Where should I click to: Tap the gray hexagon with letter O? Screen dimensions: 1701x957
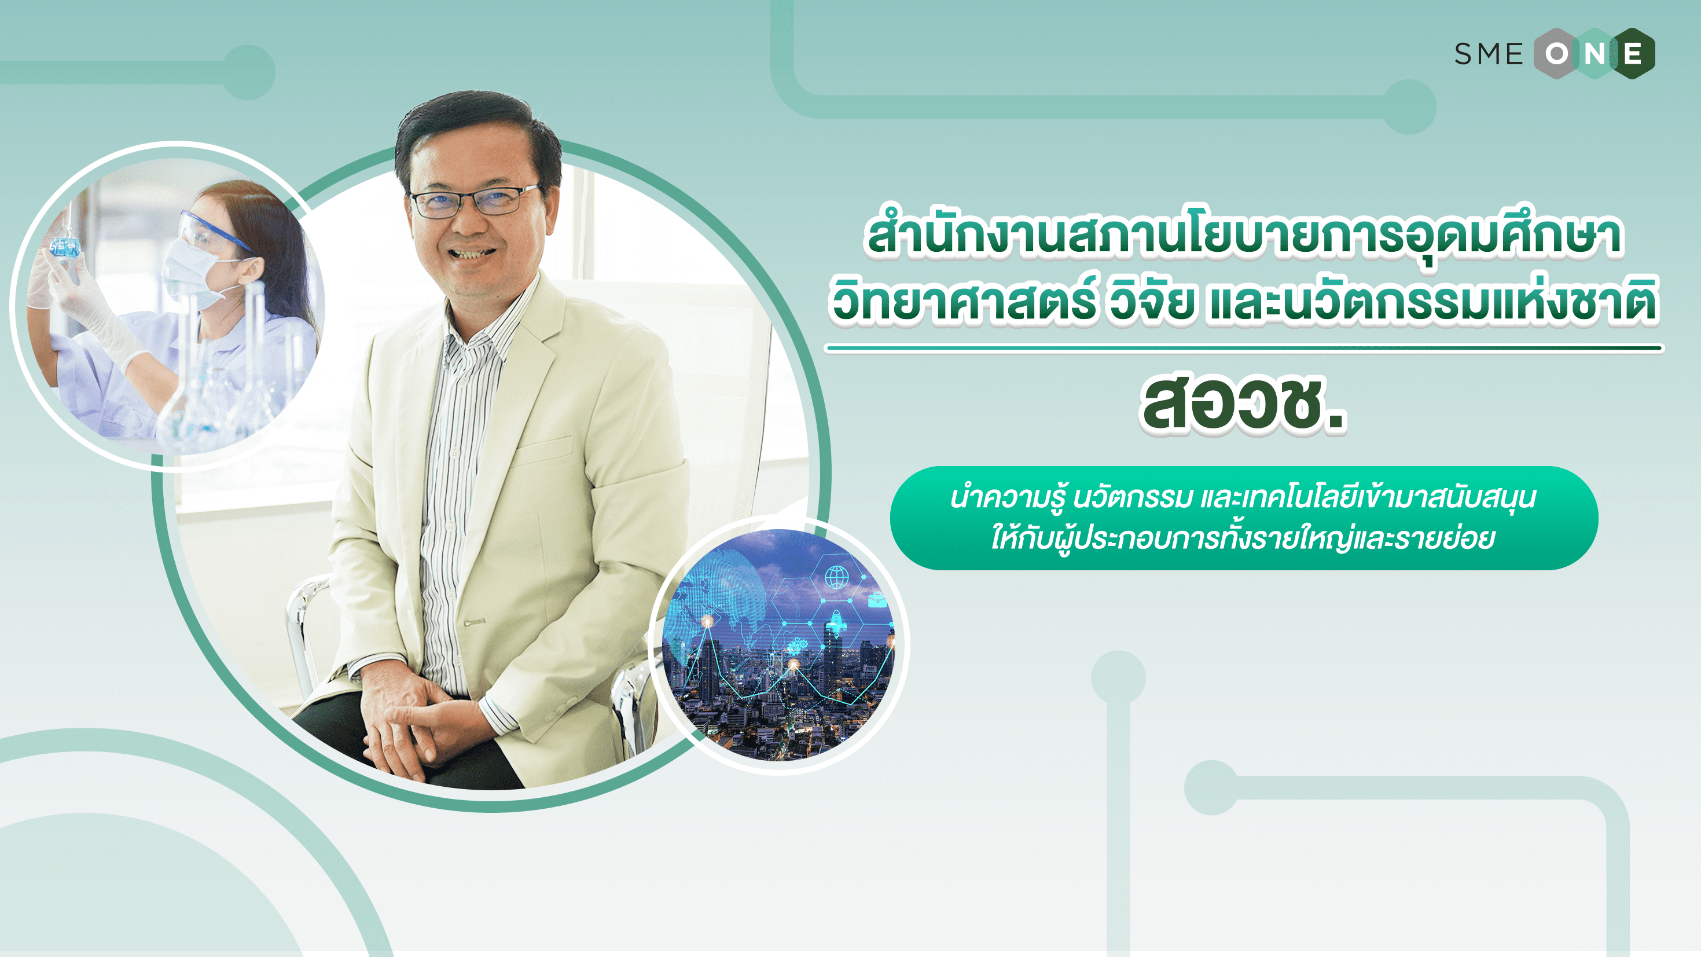[1557, 53]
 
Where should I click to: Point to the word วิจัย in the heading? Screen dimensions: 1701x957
[1152, 302]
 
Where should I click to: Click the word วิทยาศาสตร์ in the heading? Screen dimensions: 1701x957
[964, 302]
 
